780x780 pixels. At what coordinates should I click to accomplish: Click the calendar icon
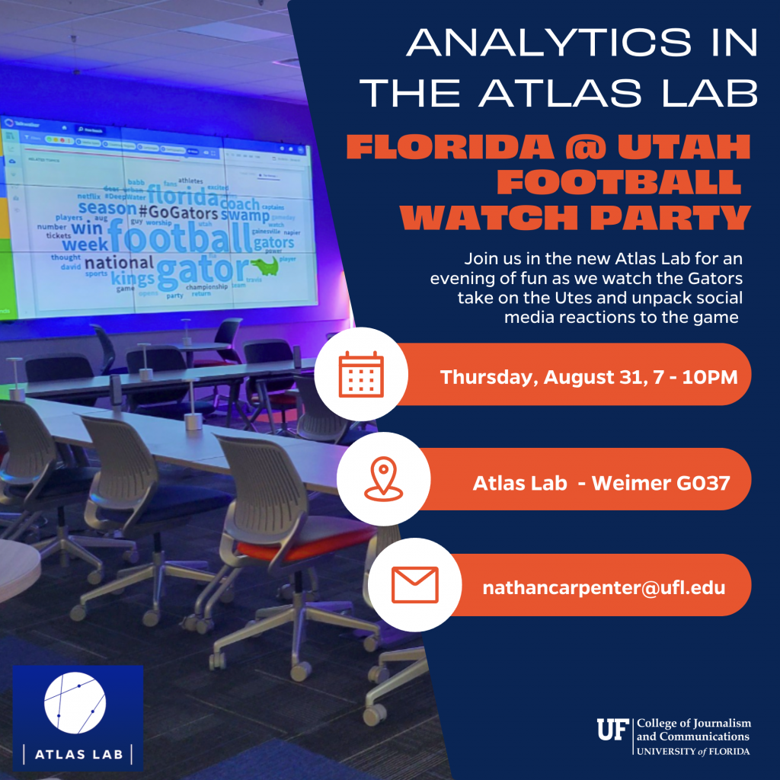pos(362,374)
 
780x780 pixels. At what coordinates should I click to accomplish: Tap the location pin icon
pos(381,479)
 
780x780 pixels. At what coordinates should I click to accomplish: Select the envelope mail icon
pos(414,585)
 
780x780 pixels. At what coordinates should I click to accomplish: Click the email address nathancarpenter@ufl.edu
pos(603,587)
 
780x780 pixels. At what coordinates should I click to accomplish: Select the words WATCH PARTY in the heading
pos(575,217)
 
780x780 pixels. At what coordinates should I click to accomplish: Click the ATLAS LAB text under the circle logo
pos(78,754)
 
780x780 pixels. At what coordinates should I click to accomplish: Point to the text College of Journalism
pos(693,723)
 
